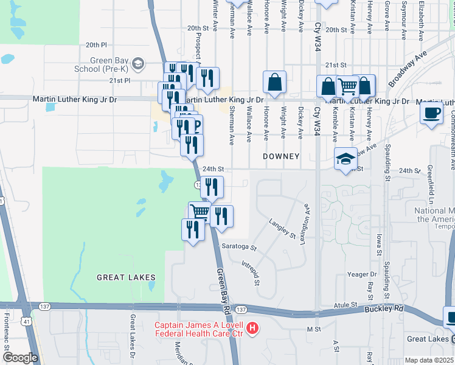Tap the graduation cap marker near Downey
(x=346, y=159)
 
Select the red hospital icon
(x=253, y=330)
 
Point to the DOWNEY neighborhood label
(x=281, y=156)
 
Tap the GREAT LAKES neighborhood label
(x=126, y=277)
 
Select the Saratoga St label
(x=240, y=248)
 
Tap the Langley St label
(x=285, y=229)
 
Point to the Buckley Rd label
(x=384, y=308)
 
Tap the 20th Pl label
(x=96, y=45)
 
